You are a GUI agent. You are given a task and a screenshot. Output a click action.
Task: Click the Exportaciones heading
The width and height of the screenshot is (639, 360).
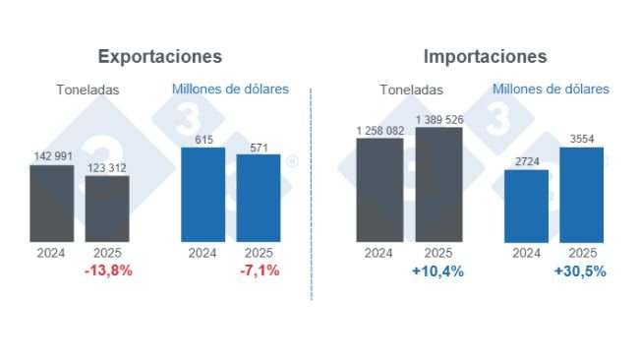[x=159, y=56]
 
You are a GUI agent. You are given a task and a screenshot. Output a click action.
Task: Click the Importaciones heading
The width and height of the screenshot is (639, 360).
[x=485, y=56]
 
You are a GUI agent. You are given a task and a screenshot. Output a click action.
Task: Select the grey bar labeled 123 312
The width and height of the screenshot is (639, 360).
[x=106, y=209]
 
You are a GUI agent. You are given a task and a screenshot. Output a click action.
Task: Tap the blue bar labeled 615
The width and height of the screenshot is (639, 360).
[x=203, y=195]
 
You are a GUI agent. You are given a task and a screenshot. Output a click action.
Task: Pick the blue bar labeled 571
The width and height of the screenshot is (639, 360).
[x=259, y=198]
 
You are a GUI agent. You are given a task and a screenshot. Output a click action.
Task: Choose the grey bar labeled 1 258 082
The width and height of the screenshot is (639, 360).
[x=378, y=190]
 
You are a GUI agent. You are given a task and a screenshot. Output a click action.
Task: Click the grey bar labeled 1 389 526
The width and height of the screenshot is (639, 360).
[x=438, y=184]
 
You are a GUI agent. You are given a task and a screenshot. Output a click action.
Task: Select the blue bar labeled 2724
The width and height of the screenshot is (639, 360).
[x=526, y=206]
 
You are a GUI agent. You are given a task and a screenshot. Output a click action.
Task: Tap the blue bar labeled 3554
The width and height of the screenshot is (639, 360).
[x=581, y=195]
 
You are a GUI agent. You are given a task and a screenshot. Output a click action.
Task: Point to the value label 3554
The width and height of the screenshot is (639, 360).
[x=581, y=139]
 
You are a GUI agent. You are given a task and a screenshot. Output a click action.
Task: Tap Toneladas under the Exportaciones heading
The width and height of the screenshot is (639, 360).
[x=87, y=90]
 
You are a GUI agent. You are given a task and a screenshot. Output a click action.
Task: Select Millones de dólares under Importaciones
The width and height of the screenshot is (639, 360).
[x=551, y=90]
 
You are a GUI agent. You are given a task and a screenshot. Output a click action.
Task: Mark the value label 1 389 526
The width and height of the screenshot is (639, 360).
[x=438, y=119]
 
